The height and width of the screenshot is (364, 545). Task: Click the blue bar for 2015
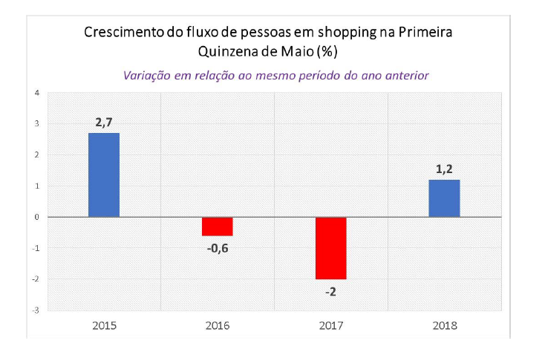coord(103,175)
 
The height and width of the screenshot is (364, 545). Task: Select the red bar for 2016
coord(218,227)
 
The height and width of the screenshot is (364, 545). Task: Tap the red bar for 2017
coord(331,248)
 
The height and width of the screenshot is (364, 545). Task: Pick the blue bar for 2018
coord(445,198)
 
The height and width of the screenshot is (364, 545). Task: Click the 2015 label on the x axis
coord(104,325)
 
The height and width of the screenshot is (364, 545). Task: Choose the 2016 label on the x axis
coord(218,325)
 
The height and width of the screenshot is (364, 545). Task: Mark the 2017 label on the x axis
coord(331,325)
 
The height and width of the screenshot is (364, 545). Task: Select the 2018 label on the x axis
coord(445,325)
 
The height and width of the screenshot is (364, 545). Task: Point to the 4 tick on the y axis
coord(36,93)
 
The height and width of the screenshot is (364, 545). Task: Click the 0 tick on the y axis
coord(36,217)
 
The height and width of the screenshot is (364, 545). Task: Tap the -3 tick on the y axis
coord(36,310)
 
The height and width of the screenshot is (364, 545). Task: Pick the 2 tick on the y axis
coord(36,155)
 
